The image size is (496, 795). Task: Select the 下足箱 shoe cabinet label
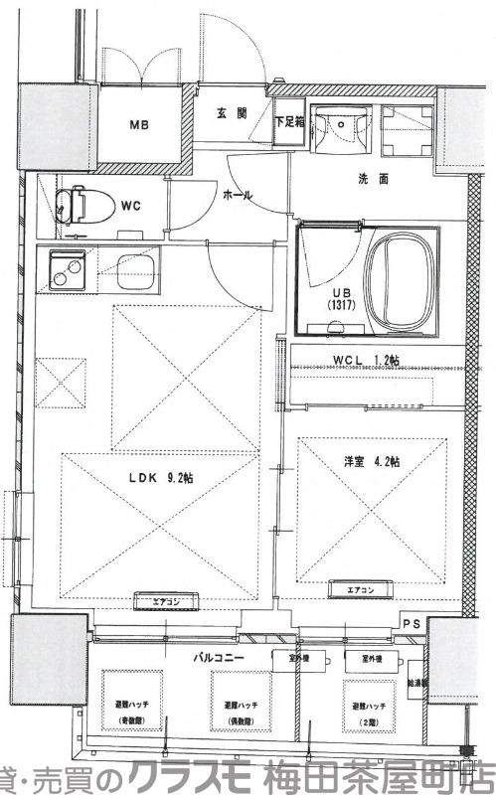289,122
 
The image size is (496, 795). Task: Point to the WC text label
130,207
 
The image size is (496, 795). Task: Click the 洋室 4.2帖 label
373,462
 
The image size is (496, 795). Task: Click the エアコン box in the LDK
165,601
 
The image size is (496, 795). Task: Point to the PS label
412,623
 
